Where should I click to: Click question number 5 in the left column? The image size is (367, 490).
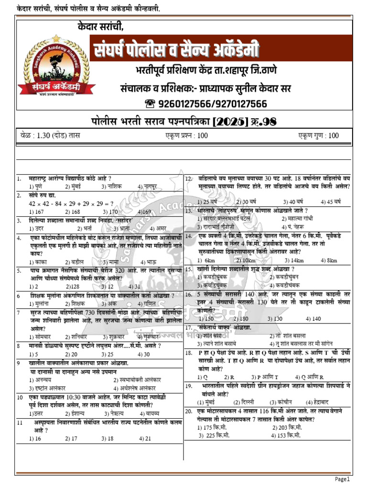click(x=19, y=270)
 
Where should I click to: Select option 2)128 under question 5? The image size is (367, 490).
click(x=71, y=286)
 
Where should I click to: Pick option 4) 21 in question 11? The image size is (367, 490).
click(x=145, y=438)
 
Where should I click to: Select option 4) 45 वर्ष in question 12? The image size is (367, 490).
click(x=327, y=201)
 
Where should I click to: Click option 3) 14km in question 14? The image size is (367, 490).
click(x=294, y=260)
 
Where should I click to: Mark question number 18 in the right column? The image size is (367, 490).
click(x=189, y=352)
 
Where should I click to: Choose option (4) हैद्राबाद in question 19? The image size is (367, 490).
click(x=318, y=402)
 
